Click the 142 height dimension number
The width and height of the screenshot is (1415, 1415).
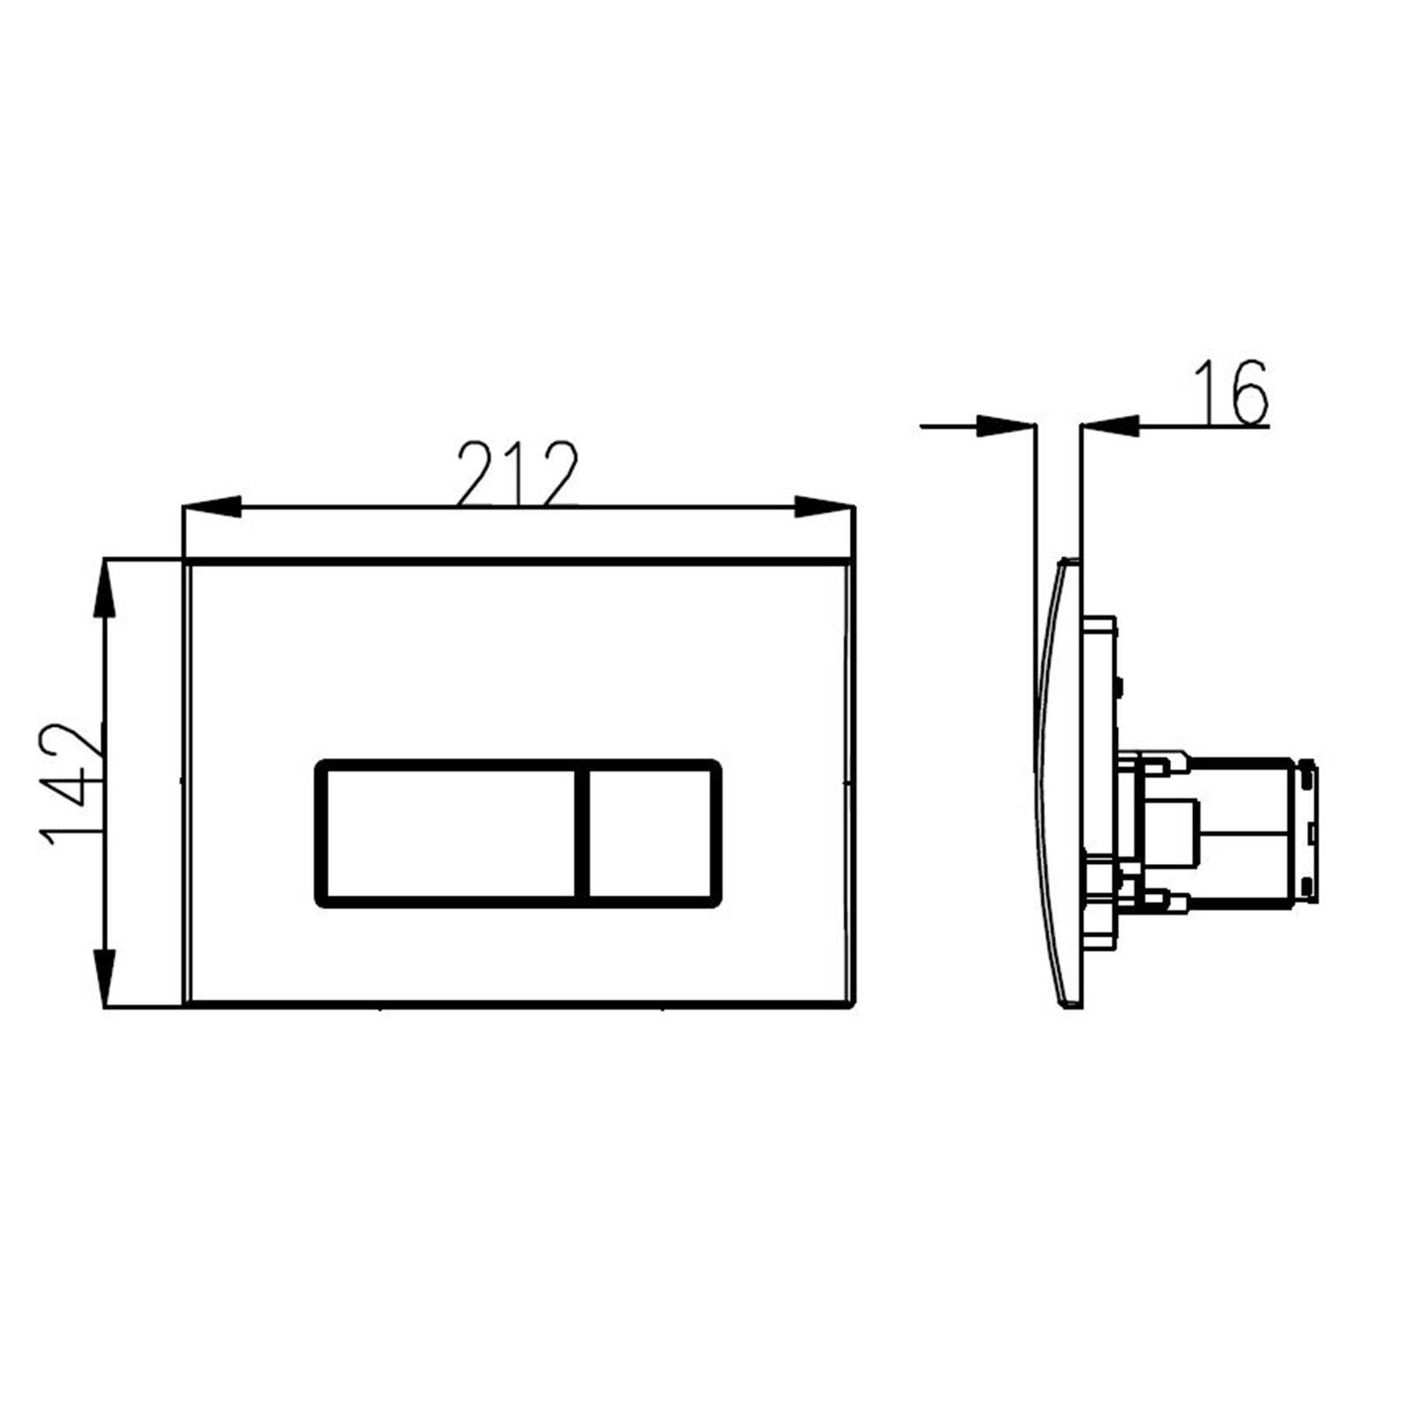[x=72, y=784]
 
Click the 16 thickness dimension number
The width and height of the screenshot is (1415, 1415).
[x=1230, y=393]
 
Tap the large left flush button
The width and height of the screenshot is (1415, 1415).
[x=449, y=834]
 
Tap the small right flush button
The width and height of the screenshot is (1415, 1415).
[x=651, y=834]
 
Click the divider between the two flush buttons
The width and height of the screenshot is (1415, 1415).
[x=583, y=834]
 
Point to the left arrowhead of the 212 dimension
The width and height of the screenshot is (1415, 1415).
[x=211, y=507]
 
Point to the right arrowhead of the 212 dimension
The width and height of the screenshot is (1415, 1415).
[x=824, y=507]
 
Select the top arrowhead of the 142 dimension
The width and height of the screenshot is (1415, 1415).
[x=104, y=589]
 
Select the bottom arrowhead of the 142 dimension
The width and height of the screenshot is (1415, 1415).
[x=104, y=976]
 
